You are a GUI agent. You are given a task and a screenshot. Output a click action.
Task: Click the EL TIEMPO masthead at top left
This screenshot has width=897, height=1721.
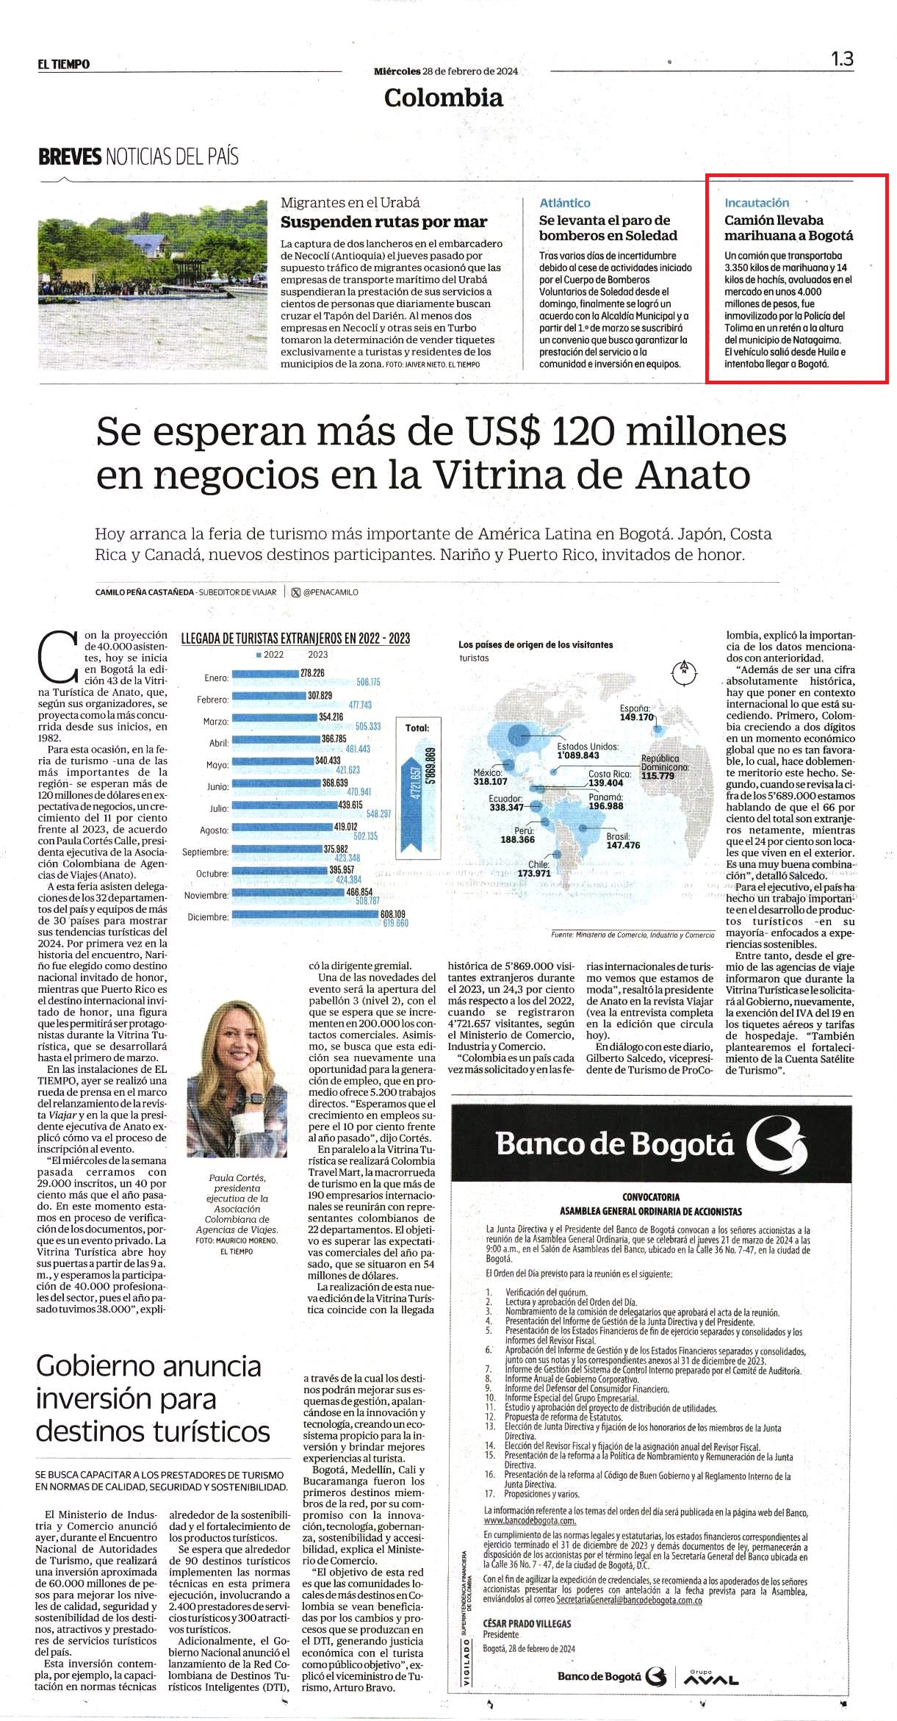pos(64,65)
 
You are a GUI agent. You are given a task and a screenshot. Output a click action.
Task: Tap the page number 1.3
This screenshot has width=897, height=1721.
pos(843,60)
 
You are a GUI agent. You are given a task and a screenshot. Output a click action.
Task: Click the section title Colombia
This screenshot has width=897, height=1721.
pos(444,98)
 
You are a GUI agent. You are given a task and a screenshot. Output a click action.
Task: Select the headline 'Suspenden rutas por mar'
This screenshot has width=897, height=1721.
pos(384,222)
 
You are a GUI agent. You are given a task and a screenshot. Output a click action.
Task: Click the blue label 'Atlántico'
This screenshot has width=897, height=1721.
pos(564,203)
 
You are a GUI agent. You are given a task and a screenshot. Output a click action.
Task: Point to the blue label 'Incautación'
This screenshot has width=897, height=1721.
pos(757,203)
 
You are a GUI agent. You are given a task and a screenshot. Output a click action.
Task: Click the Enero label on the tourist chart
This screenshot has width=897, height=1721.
pos(216,678)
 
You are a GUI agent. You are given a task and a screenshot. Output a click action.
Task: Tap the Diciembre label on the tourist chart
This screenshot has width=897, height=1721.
pos(208,917)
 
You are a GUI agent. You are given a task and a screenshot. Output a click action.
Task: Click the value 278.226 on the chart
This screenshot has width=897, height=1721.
pos(312,673)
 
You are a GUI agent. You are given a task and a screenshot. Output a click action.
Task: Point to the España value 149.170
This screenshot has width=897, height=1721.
pos(637,717)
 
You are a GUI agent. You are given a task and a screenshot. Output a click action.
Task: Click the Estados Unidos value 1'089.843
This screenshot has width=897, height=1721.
pos(577,755)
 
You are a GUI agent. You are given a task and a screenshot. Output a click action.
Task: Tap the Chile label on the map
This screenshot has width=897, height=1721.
pos(538,865)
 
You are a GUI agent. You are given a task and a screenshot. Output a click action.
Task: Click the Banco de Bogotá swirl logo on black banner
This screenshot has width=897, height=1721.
pos(777,1143)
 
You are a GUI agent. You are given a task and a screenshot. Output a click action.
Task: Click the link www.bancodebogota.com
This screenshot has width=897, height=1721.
pos(529,1520)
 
